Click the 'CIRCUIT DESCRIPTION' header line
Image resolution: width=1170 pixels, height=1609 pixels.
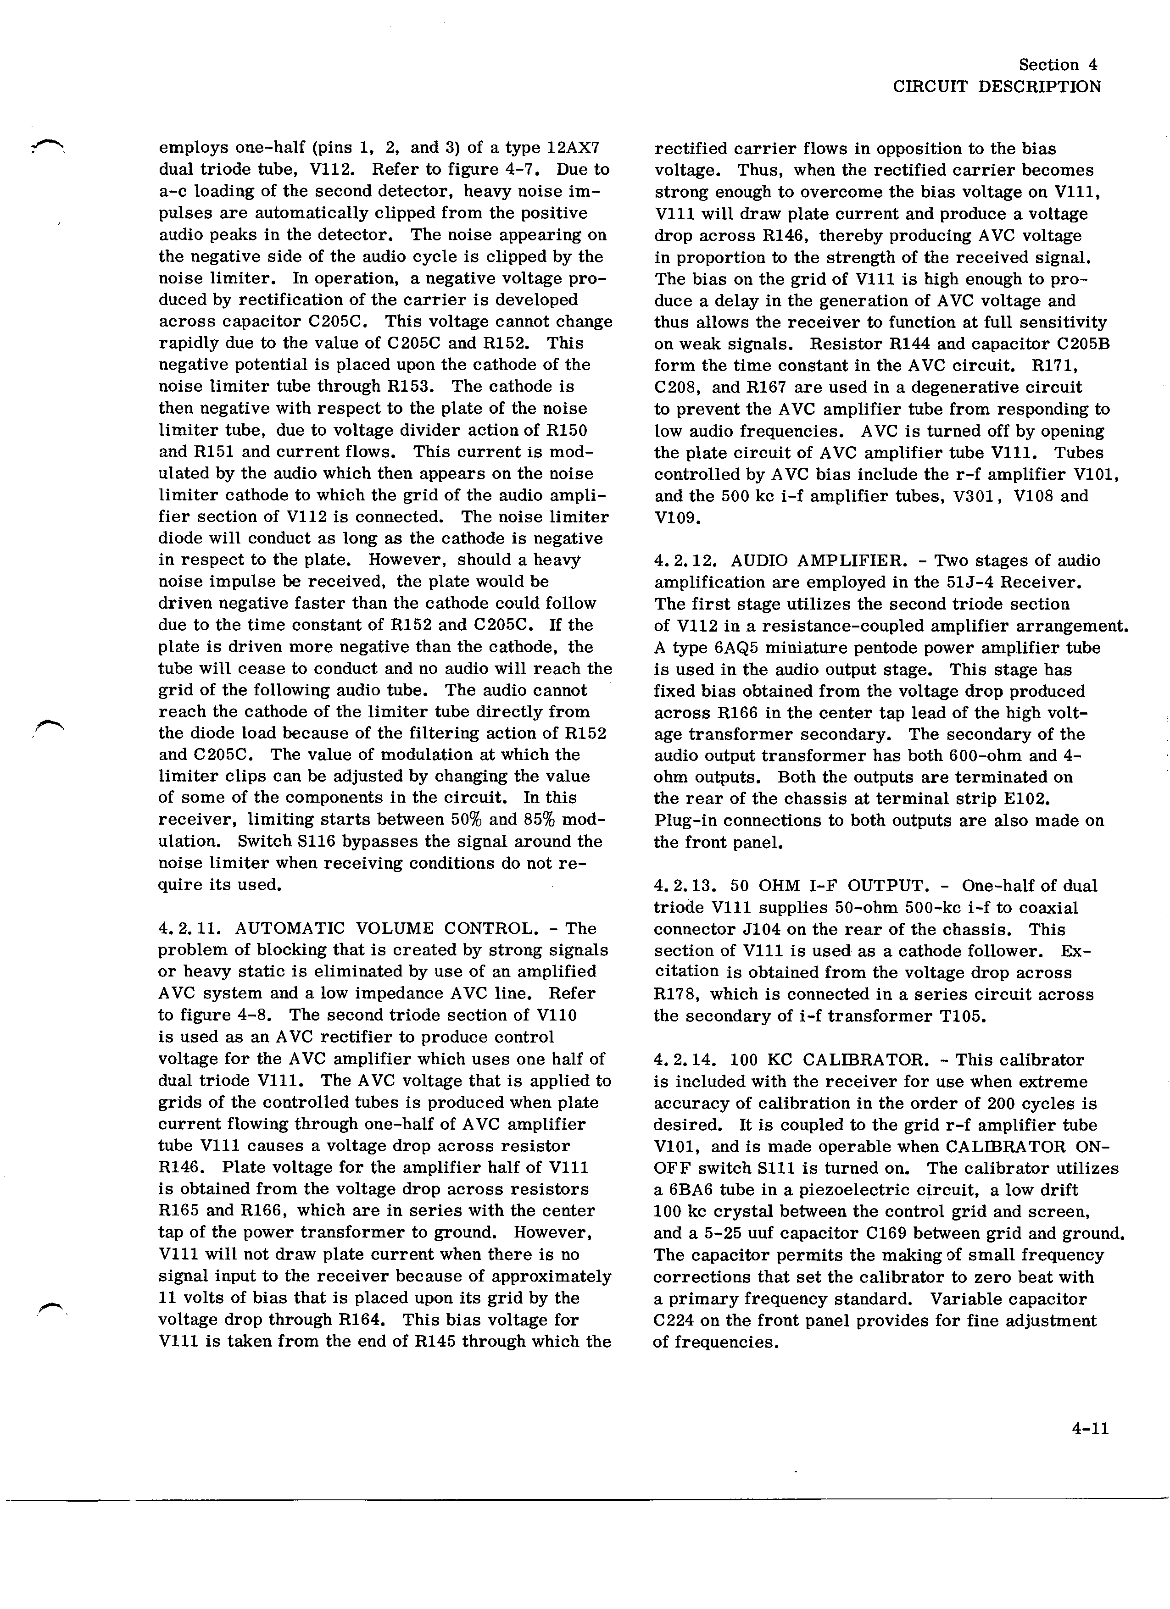coord(996,87)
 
